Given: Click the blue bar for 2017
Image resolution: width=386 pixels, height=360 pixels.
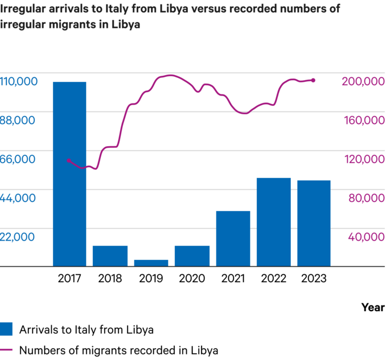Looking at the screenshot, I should [69, 174].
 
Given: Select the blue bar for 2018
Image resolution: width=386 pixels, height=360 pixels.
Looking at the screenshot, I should [110, 256].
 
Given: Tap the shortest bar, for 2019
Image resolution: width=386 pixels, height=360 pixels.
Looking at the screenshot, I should [151, 263].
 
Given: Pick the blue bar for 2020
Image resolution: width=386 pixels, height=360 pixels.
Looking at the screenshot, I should [192, 256].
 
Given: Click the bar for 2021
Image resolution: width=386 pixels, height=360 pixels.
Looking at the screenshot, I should [233, 238].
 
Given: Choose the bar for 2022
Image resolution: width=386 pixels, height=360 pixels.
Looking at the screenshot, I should [274, 222].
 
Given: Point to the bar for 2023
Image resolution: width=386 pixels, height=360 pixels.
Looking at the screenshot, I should [314, 223].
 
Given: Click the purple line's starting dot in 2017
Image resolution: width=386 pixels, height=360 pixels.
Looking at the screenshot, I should [69, 160].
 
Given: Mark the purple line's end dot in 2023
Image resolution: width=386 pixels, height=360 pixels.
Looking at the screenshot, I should [313, 80].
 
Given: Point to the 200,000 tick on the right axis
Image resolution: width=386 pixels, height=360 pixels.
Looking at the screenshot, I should [363, 81].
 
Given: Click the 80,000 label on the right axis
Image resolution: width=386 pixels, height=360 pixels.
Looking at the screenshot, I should [363, 198].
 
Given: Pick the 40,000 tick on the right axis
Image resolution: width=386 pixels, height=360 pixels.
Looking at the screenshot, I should [363, 237].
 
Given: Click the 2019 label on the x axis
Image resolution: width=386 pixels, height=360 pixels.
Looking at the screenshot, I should [151, 278].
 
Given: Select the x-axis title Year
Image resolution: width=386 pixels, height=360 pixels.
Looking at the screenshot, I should [372, 307].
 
